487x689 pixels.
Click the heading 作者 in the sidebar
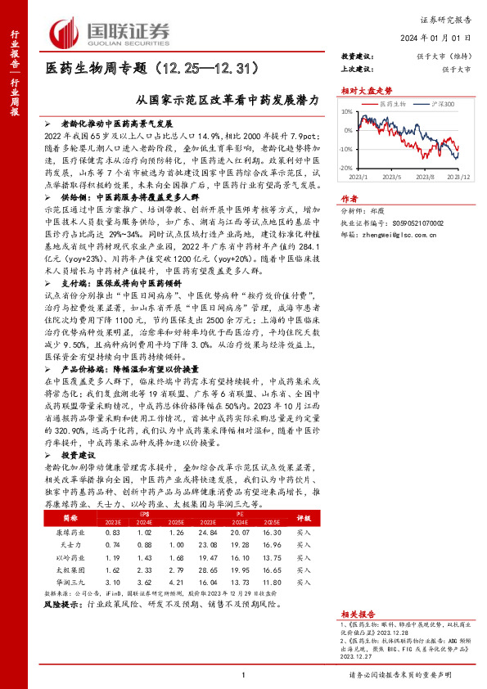click(x=349, y=197)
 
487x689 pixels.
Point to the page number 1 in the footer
click(x=244, y=674)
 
